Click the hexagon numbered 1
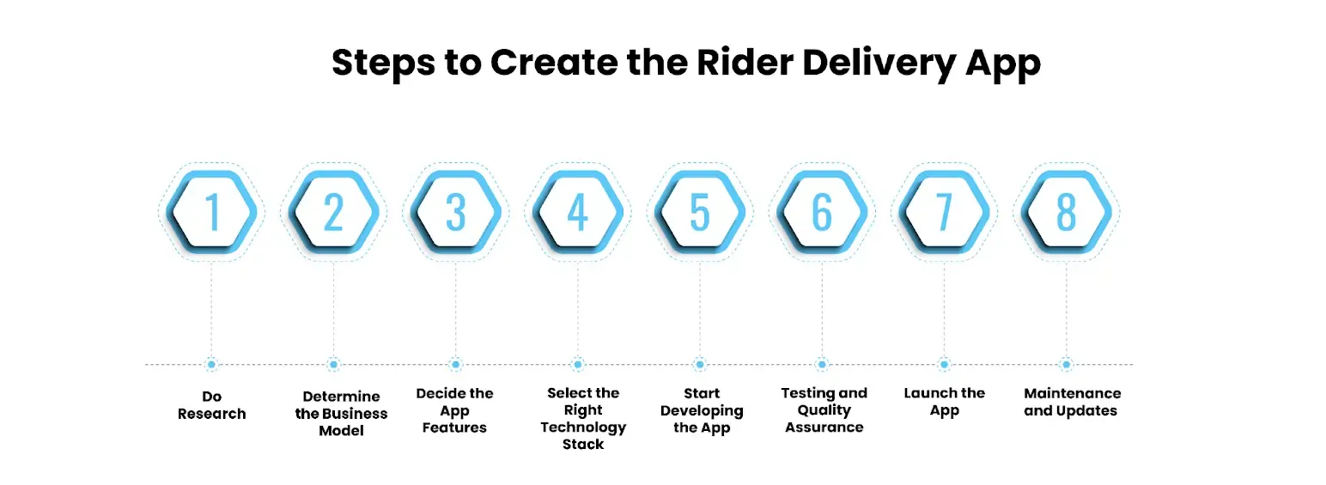(x=211, y=212)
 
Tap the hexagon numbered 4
(x=577, y=212)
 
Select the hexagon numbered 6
(x=822, y=212)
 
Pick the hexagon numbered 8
(x=1066, y=212)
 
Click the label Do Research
(x=211, y=405)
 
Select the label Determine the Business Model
(x=341, y=414)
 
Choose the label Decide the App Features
(x=454, y=410)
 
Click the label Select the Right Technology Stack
(x=583, y=419)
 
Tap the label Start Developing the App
(x=701, y=410)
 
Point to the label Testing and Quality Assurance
(x=824, y=410)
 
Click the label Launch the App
(x=944, y=402)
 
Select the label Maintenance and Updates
(x=1072, y=402)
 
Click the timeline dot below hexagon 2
(x=333, y=365)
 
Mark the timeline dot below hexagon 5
(x=700, y=365)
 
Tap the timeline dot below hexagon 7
(x=944, y=365)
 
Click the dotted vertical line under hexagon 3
(x=455, y=309)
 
